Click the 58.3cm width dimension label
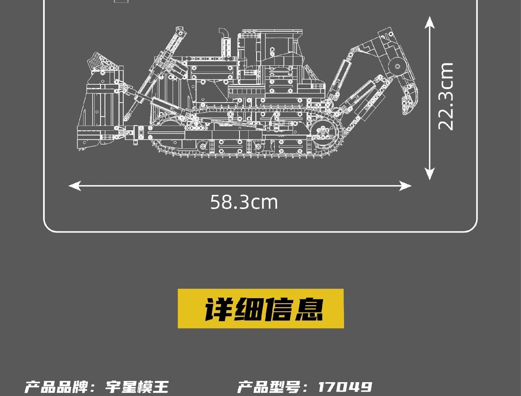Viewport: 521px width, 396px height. [244, 202]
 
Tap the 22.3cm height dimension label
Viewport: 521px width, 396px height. [445, 96]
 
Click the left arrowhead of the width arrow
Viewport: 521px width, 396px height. [74, 185]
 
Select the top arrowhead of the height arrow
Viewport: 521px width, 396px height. [430, 21]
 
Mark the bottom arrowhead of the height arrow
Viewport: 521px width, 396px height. [430, 174]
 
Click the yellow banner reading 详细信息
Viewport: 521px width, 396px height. [260, 308]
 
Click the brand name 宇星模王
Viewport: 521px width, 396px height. [137, 387]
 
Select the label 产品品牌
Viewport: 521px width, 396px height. [55, 387]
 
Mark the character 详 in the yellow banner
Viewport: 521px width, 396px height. [219, 309]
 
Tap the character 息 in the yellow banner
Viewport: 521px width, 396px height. [308, 309]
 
